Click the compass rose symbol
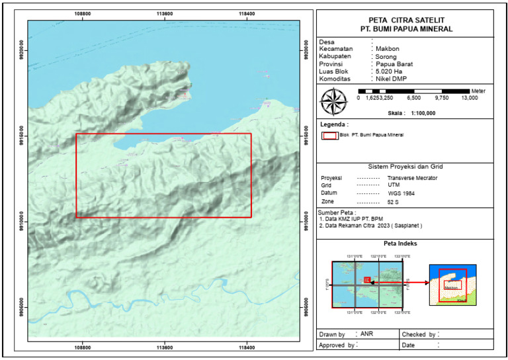point(334,102)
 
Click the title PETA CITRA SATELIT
point(405,20)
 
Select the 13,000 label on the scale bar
point(469,97)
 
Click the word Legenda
point(334,124)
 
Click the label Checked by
point(418,334)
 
